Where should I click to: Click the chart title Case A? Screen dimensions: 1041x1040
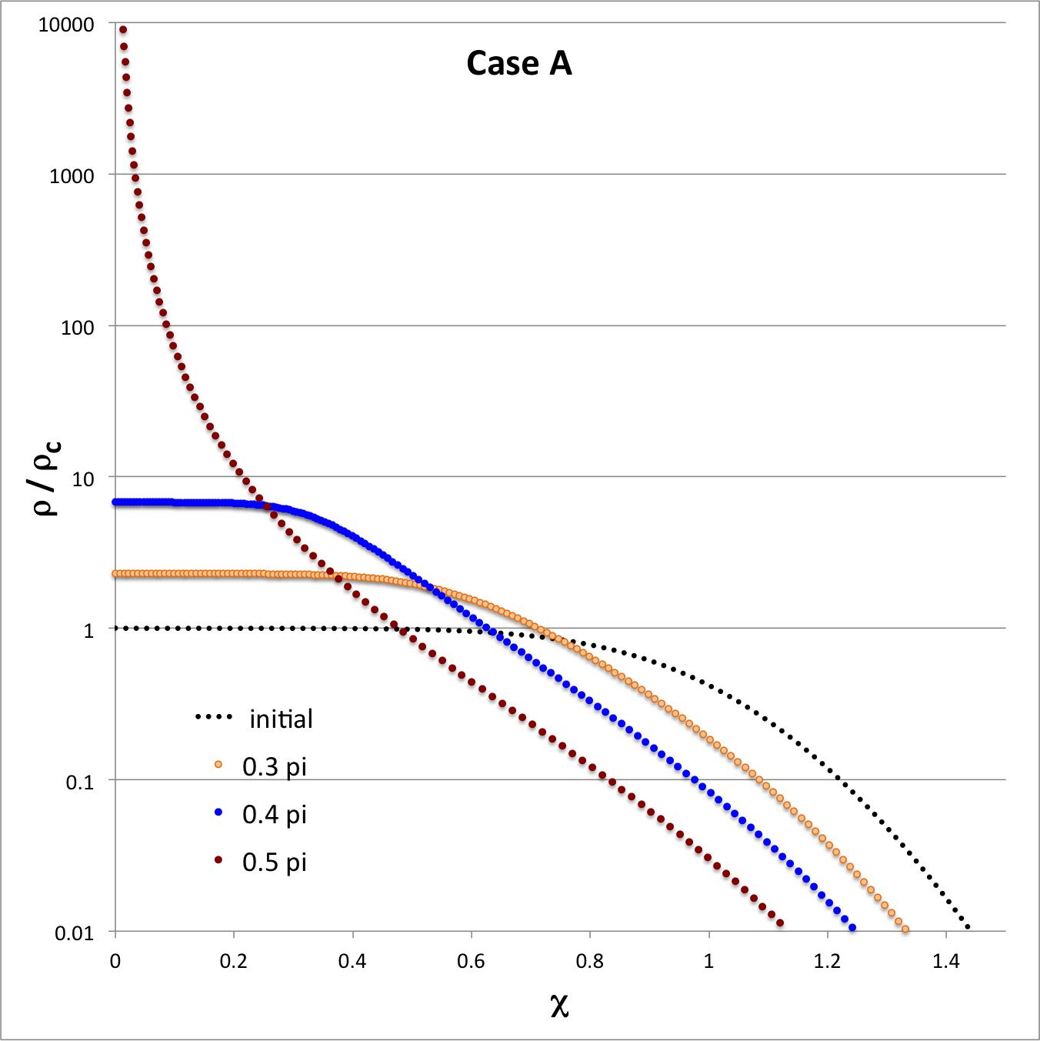[x=519, y=63]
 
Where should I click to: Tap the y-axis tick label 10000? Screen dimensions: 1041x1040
[x=66, y=25]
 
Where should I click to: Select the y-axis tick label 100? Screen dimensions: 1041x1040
[x=77, y=328]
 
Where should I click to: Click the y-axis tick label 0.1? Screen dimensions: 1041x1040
[x=79, y=782]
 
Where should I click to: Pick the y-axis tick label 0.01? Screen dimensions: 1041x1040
[x=74, y=933]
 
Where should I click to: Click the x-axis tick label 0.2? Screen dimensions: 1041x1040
[x=233, y=961]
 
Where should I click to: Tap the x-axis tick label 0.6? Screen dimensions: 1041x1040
[x=471, y=961]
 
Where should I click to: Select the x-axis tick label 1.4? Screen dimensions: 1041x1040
[x=946, y=961]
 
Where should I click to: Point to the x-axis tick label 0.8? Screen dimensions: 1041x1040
[x=590, y=961]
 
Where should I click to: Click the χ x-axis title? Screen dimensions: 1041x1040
[x=559, y=1004]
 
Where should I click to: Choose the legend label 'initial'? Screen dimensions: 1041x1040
[x=281, y=719]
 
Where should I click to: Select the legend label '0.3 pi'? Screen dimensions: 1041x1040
[x=274, y=766]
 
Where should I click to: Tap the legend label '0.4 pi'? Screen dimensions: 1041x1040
[x=274, y=814]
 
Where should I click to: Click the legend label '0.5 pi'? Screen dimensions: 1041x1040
[x=274, y=862]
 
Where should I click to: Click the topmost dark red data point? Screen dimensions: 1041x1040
[x=122, y=30]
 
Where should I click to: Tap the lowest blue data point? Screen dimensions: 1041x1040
[x=852, y=928]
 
